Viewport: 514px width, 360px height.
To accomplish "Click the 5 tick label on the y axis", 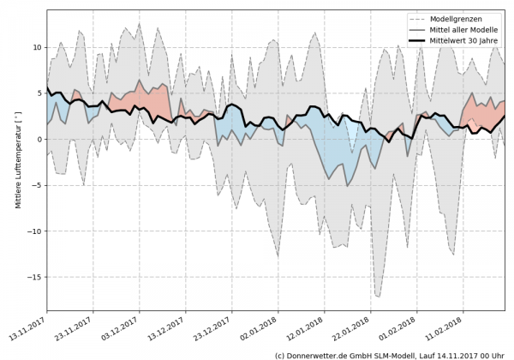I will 39,93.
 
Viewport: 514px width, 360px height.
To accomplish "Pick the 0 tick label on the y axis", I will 39,139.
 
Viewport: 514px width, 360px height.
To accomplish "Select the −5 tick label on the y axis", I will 36,185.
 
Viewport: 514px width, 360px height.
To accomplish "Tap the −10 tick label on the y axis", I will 33,231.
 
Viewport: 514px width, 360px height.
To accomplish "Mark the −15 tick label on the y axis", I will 33,277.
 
